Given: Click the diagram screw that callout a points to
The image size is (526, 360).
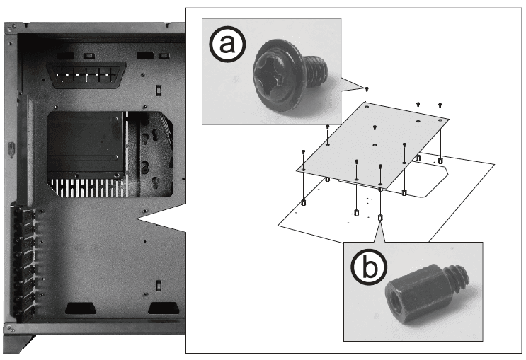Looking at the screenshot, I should (367, 90).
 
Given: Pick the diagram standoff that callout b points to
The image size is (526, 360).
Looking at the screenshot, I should (381, 218).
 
